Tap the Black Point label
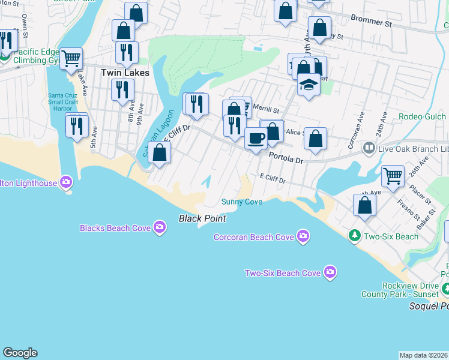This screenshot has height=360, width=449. point(202,218)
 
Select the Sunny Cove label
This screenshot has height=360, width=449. point(242,202)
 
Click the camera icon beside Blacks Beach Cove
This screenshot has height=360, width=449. point(160,227)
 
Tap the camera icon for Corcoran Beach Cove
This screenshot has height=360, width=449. point(304,236)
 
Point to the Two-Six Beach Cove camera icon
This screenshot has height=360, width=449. point(330,273)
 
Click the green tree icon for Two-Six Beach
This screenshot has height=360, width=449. point(355,236)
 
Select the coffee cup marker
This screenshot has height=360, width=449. point(256,139)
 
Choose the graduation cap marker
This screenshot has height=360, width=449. point(309,85)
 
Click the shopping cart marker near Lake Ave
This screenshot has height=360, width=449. point(71,58)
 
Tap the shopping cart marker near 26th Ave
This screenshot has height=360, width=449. point(393,175)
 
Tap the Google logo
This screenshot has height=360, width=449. point(20,353)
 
